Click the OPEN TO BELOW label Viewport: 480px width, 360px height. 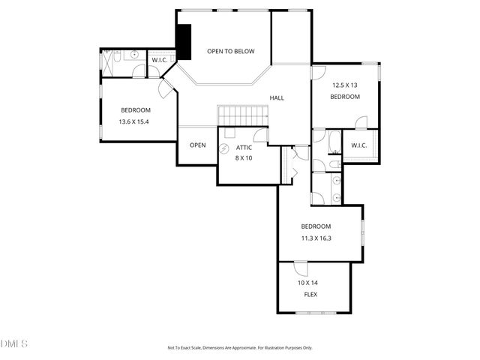point(231,51)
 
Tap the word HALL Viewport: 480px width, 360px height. point(277,97)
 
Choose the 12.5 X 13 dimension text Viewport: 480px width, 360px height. point(345,85)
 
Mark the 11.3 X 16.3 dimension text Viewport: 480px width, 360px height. point(316,238)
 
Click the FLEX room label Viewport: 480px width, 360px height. point(310,294)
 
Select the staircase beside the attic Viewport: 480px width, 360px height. point(243,116)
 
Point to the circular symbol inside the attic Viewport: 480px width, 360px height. point(224,148)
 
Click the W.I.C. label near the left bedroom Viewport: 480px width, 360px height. point(160,60)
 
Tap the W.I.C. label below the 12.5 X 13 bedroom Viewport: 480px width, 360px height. point(358,145)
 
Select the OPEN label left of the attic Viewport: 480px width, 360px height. point(197,145)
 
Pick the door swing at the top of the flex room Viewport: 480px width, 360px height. point(301,268)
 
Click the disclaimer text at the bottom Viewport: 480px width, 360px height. point(240,347)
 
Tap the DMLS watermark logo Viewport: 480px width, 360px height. point(13,344)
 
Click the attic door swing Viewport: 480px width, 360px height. point(259,135)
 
